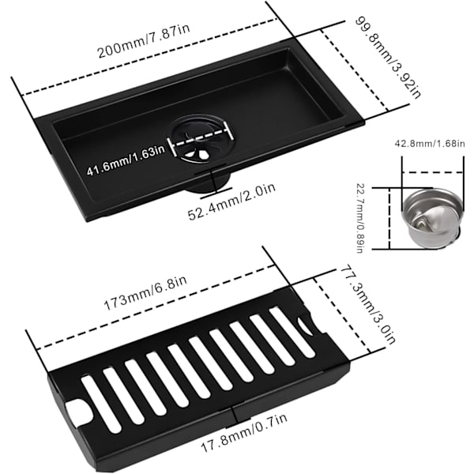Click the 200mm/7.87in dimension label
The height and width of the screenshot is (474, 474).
(x=144, y=41)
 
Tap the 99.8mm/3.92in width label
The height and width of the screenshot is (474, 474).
(x=388, y=58)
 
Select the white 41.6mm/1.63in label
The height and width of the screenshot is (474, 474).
(x=126, y=160)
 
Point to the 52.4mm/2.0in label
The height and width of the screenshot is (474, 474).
(x=231, y=201)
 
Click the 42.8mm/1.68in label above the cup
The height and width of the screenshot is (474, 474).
(x=430, y=143)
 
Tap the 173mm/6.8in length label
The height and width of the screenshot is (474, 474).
(x=145, y=293)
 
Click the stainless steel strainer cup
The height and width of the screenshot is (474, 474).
(x=432, y=217)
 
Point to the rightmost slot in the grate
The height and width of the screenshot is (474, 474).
(x=292, y=332)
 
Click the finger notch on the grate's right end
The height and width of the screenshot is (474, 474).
(x=305, y=325)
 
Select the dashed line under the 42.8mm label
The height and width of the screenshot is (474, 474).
(x=432, y=172)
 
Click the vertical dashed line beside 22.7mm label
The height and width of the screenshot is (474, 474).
(x=389, y=219)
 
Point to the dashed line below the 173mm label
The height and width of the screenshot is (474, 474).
(x=156, y=307)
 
